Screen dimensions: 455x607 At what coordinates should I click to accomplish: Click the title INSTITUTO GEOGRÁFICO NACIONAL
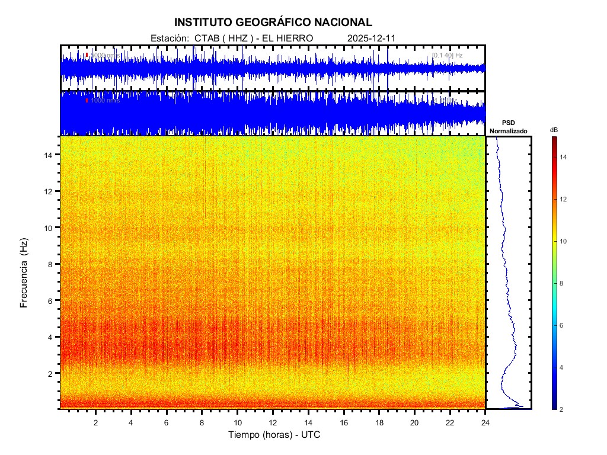click(x=273, y=23)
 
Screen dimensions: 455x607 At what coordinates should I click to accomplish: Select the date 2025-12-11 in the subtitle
click(x=371, y=38)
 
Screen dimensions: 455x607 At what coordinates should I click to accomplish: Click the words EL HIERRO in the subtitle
click(x=287, y=38)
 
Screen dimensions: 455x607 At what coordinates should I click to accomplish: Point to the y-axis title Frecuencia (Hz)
click(x=24, y=273)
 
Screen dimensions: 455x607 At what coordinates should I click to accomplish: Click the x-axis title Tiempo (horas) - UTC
click(x=274, y=435)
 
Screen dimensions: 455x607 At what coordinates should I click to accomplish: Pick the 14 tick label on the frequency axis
click(x=50, y=155)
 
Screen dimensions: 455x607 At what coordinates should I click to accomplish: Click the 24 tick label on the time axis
click(x=485, y=422)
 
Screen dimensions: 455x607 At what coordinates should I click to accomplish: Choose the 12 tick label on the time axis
click(x=273, y=422)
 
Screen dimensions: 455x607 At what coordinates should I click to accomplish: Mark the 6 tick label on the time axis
click(x=167, y=422)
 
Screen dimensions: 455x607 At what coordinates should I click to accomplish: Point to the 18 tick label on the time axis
click(x=379, y=422)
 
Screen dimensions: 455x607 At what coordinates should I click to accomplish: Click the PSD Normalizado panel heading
click(x=508, y=127)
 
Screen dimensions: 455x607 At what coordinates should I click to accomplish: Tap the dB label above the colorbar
click(x=554, y=130)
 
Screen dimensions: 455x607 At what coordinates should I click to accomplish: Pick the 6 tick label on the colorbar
click(x=563, y=326)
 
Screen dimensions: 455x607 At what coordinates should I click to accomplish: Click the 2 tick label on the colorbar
click(x=563, y=409)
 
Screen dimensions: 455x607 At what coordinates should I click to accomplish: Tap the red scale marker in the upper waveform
click(x=87, y=55)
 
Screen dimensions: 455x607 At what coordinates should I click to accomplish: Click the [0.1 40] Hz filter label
click(x=447, y=55)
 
